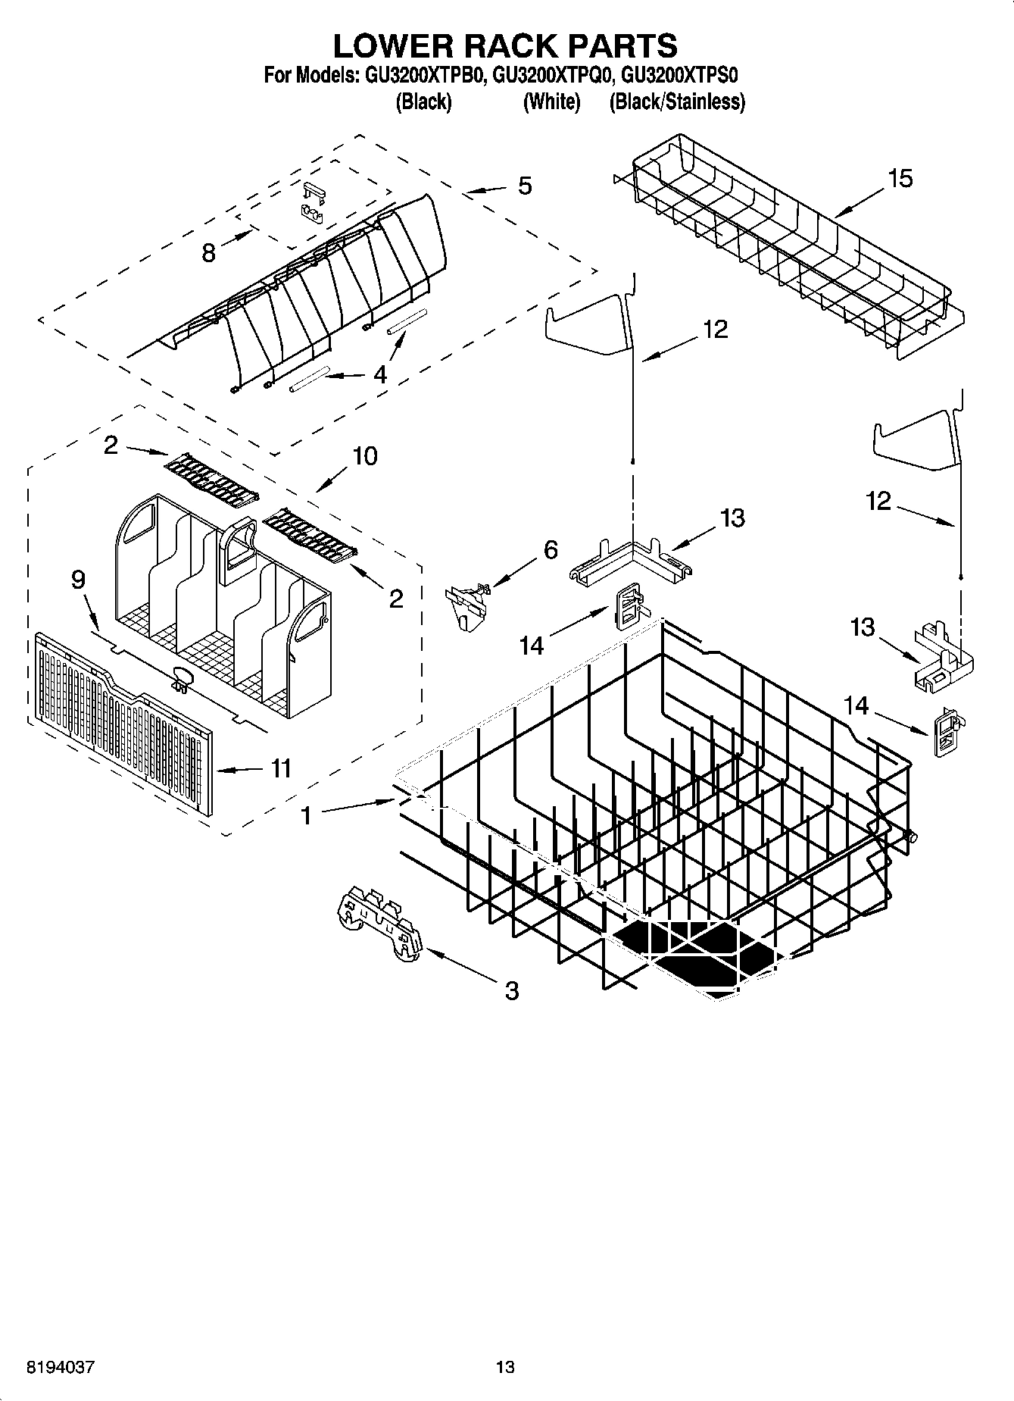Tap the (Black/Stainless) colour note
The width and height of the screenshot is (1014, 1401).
click(677, 102)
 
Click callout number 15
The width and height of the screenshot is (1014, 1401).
click(900, 179)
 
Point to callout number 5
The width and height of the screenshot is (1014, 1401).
click(525, 186)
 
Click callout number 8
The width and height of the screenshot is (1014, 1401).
click(209, 252)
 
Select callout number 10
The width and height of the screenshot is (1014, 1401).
click(364, 456)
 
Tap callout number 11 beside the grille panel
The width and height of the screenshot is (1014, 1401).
click(281, 768)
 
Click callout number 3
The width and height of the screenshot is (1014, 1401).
click(512, 990)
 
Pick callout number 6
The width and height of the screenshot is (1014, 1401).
click(551, 549)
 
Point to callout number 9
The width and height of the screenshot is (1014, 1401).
click(78, 580)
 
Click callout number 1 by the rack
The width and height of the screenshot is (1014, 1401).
click(306, 815)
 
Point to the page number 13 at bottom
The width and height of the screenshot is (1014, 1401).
click(505, 1367)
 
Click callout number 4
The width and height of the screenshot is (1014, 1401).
click(380, 374)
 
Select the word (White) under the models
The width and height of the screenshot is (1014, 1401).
click(551, 102)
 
